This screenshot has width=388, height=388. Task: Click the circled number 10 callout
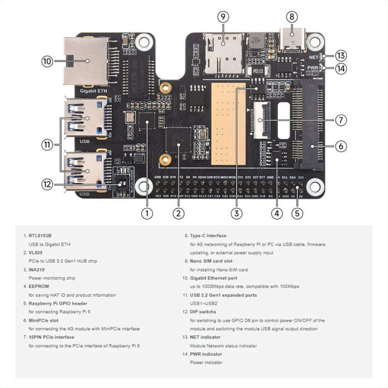coord(48,61)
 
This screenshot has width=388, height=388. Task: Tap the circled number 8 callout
coord(292,17)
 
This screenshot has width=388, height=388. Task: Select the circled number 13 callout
coord(340,55)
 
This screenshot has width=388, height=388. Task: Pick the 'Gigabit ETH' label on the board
coord(94,90)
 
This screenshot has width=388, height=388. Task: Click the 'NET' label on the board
coord(313,57)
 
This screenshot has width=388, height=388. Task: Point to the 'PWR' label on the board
coord(313,68)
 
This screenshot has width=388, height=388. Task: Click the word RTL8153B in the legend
coord(40,236)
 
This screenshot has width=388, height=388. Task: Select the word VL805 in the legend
coord(36,252)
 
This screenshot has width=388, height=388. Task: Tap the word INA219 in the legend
coord(36,270)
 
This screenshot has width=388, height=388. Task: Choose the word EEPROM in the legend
coord(37,286)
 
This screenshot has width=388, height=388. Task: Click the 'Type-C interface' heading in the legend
coord(208,236)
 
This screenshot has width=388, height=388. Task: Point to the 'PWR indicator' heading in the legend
coord(206,354)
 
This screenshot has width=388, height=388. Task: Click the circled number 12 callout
coord(48,183)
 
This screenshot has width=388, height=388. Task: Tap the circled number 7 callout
coord(340,120)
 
